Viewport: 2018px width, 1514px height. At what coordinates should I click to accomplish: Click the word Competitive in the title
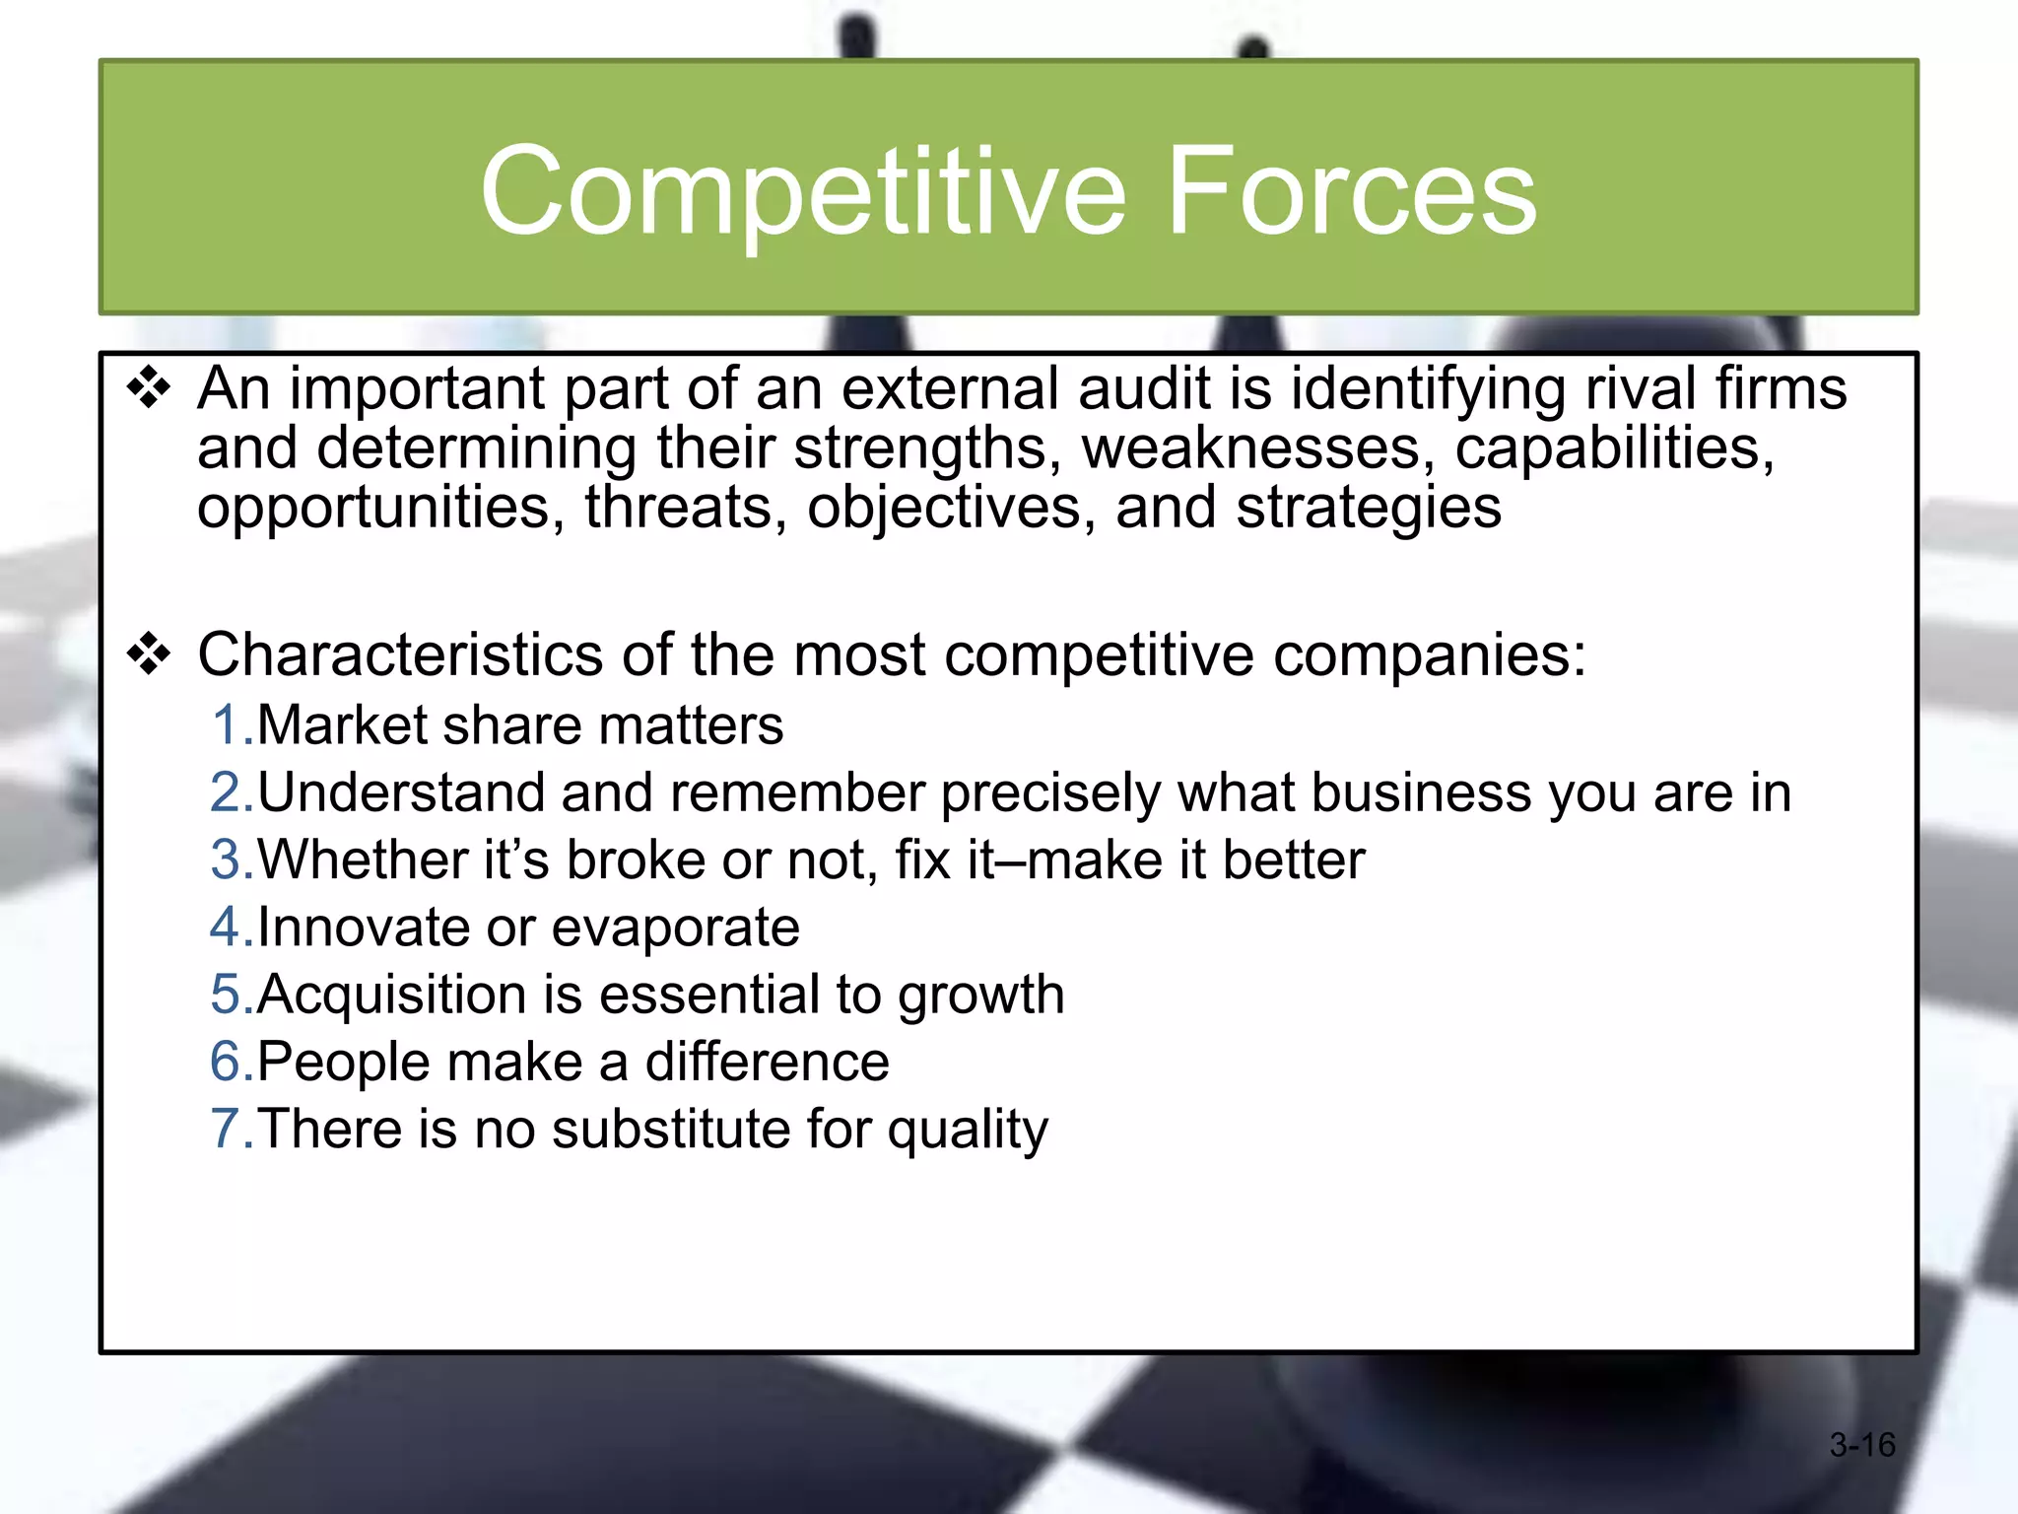click(x=802, y=192)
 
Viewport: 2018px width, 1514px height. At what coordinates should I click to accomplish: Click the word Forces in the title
click(x=1351, y=192)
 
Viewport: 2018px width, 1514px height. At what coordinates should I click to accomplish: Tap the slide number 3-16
click(x=1862, y=1445)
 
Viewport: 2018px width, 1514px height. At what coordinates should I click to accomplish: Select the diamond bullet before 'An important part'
click(x=149, y=387)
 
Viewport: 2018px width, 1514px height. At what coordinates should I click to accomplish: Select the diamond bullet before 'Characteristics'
click(x=149, y=654)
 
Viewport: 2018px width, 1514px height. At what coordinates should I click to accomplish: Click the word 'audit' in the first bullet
click(x=1144, y=388)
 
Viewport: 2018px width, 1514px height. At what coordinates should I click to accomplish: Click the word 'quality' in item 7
click(x=968, y=1131)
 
